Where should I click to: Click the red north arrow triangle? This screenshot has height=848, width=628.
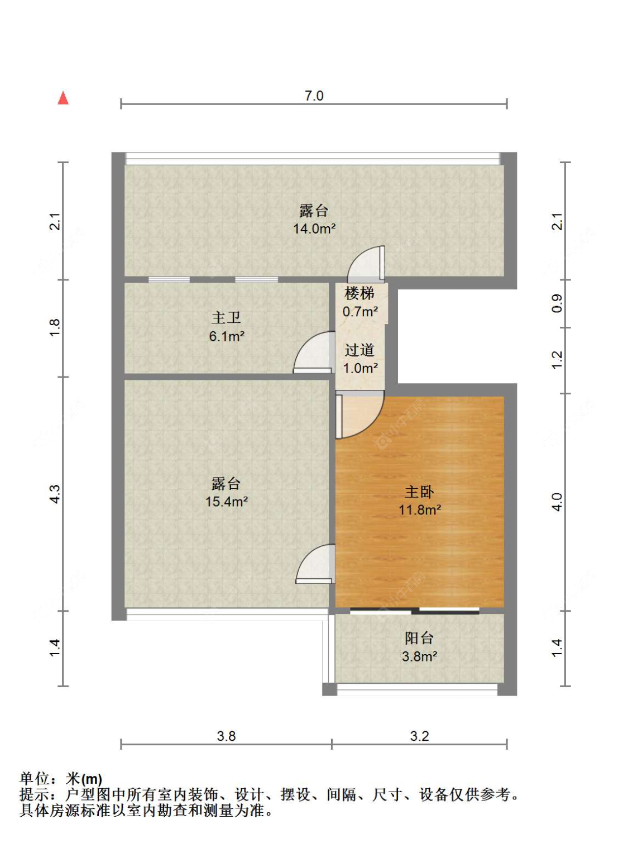(63, 98)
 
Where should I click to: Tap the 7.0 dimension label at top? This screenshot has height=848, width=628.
(314, 96)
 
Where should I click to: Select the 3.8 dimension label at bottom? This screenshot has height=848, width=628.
(226, 736)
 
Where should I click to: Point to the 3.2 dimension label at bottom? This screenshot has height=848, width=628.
(420, 736)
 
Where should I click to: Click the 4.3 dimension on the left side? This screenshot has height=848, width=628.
(55, 494)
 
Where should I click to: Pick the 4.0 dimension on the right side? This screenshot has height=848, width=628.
(557, 502)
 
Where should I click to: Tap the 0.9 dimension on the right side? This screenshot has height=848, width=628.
(557, 303)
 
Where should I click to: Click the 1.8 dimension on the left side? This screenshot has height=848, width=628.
(55, 328)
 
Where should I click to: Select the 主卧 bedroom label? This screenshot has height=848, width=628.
(419, 492)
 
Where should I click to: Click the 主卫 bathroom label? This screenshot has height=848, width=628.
(226, 318)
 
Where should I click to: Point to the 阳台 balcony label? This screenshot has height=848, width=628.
(419, 638)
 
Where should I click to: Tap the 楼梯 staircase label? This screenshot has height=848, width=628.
(359, 293)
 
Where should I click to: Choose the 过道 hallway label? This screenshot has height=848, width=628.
(359, 350)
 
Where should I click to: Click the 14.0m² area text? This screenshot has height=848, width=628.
(314, 228)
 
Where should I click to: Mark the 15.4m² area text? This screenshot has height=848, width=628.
(227, 501)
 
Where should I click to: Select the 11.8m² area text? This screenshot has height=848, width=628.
(420, 509)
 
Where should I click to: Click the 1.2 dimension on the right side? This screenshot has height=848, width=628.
(557, 360)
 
